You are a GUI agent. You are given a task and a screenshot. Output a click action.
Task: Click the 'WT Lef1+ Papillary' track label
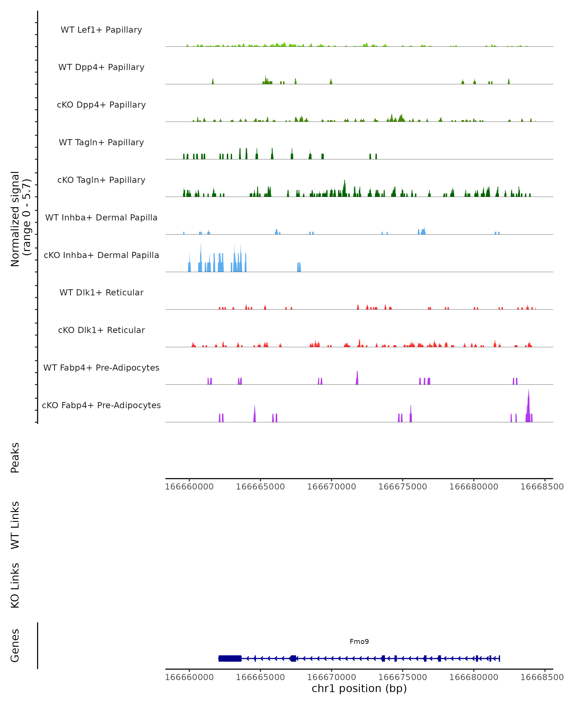pyautogui.click(x=101, y=30)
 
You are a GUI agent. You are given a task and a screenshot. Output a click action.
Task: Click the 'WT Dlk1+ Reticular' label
pyautogui.click(x=101, y=292)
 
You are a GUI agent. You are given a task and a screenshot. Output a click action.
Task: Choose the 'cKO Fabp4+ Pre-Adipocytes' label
pyautogui.click(x=101, y=405)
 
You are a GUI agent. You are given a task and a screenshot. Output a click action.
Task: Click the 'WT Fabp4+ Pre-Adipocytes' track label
pyautogui.click(x=101, y=368)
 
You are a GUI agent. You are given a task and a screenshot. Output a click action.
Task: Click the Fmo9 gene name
pyautogui.click(x=359, y=642)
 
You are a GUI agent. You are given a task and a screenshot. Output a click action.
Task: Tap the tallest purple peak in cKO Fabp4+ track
pyautogui.click(x=528, y=405)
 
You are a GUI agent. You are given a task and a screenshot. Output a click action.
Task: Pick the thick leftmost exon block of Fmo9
pyautogui.click(x=230, y=658)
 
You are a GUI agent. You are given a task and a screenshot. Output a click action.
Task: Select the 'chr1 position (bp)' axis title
pyautogui.click(x=359, y=688)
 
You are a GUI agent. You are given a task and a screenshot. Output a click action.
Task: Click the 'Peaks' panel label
pyautogui.click(x=15, y=458)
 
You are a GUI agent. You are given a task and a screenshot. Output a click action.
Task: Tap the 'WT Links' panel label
pyautogui.click(x=15, y=525)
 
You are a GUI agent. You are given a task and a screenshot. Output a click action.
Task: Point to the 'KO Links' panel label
pyautogui.click(x=15, y=585)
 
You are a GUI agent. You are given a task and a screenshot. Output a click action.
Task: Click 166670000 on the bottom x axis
pyautogui.click(x=332, y=677)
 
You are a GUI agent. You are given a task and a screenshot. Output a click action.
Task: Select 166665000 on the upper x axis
pyautogui.click(x=260, y=487)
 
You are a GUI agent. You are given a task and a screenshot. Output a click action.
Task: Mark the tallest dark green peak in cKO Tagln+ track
pyautogui.click(x=344, y=188)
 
